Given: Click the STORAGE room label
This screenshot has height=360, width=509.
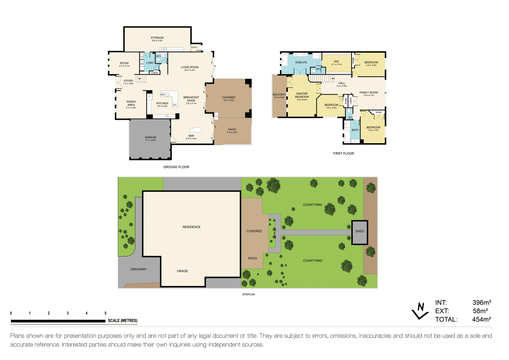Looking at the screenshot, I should coord(157,38).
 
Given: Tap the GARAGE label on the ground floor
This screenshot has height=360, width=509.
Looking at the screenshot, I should coord(150,137).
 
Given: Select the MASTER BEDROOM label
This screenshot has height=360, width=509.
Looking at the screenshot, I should coord(302,95).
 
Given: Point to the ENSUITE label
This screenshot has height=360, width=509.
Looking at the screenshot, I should coord(301,62).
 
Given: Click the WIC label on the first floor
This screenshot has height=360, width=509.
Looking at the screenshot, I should coord(336,62).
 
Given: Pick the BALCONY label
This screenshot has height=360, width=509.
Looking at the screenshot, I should coord(279,95).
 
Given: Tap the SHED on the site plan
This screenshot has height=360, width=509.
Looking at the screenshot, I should coord(360,231).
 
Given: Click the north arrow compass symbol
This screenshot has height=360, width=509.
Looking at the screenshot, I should coord(420,310).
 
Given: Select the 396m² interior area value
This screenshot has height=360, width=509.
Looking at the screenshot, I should coord(482,303).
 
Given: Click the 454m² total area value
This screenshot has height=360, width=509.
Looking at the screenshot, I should coord(481,320).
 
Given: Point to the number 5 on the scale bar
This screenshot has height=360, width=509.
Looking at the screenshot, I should coord(106,313).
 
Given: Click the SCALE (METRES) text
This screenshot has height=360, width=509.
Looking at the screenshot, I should coord(122,321).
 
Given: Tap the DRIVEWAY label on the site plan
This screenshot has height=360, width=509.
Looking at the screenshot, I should coord(138,269).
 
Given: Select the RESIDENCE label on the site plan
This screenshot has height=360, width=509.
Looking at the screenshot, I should coord(191,227).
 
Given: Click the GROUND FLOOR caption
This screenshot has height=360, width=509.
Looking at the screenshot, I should coord(176,167).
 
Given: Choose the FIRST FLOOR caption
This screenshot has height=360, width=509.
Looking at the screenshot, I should coord(343,153).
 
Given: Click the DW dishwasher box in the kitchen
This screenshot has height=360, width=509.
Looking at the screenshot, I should coord(162,95).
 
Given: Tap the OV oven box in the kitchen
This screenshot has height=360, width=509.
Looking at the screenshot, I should coord(174,105).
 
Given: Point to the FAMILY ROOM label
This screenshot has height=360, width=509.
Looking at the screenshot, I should coord(369,93).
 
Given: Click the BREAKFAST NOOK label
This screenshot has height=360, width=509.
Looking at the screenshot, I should coord(191,99).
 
